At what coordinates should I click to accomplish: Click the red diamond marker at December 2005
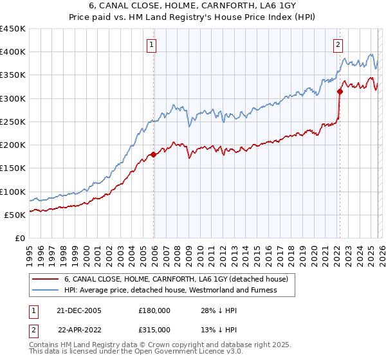(154, 154)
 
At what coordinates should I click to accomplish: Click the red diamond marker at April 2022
(340, 91)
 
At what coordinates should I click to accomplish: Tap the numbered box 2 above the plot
(338, 44)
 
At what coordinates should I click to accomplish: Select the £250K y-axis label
(13, 122)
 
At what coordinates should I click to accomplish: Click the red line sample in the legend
(46, 279)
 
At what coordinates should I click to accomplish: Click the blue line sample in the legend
(46, 290)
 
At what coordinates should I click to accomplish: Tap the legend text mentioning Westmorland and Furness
(170, 290)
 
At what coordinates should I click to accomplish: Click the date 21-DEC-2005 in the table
(79, 310)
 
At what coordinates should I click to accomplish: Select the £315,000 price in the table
(154, 329)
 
